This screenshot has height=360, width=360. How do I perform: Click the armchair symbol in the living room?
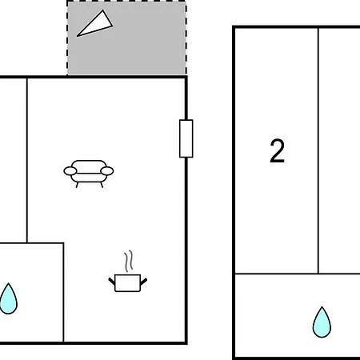(89, 174)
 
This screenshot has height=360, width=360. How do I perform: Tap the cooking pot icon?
(128, 283)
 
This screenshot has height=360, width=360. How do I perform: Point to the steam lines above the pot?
(129, 261)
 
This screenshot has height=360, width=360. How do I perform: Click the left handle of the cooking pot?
(112, 282)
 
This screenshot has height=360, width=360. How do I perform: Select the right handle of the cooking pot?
(144, 282)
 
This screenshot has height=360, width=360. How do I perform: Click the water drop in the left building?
(8, 298)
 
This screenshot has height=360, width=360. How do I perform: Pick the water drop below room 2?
(322, 322)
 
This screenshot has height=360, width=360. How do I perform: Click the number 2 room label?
(278, 150)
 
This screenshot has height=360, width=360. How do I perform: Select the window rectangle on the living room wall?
(186, 138)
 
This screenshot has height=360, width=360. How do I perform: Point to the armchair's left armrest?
(70, 171)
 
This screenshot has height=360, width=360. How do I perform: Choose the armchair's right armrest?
(107, 171)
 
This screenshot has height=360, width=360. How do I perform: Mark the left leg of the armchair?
(77, 185)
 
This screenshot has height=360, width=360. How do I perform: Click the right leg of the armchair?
(102, 185)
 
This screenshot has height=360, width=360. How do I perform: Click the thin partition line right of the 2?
(318, 150)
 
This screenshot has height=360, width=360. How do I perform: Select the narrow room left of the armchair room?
(13, 160)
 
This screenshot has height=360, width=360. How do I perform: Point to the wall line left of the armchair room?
(27, 161)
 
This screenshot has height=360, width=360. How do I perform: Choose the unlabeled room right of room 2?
(339, 150)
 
